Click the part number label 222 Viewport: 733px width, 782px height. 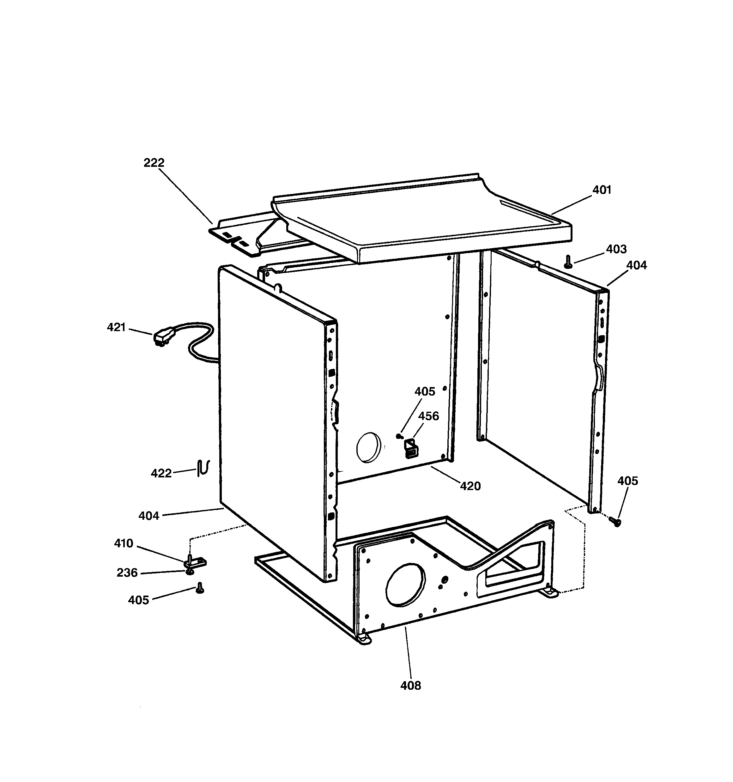click(154, 162)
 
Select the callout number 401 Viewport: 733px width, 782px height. click(602, 190)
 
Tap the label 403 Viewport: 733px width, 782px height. click(616, 249)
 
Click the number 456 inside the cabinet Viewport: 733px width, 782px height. click(428, 416)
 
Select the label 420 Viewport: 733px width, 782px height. click(470, 486)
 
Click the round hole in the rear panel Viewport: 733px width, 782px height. click(369, 448)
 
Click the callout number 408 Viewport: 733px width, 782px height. click(410, 686)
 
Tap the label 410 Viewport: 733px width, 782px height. click(124, 543)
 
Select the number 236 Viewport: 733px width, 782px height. click(127, 573)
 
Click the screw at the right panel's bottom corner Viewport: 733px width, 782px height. click(615, 522)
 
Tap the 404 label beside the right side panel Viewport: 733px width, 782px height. click(636, 265)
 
